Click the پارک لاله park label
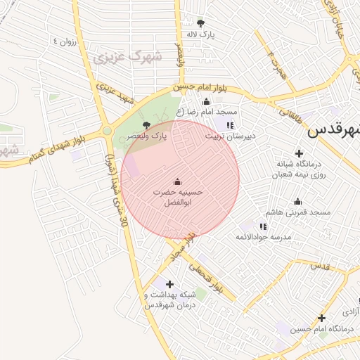pyautogui.click(x=199, y=34)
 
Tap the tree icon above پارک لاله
pyautogui.click(x=201, y=22)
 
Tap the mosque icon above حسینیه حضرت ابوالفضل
pyautogui.click(x=176, y=181)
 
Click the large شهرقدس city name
pyautogui.click(x=335, y=131)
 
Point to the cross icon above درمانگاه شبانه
pyautogui.click(x=300, y=153)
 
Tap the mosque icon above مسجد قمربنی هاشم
pyautogui.click(x=298, y=201)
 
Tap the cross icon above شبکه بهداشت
pyautogui.click(x=169, y=283)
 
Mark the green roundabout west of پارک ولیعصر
pyautogui.click(x=107, y=130)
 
